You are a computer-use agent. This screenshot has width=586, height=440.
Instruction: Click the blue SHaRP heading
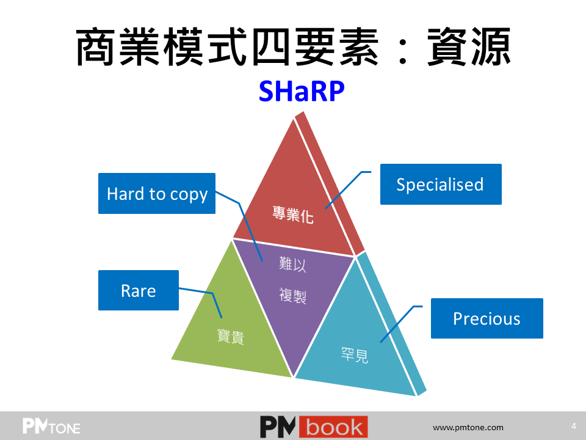[302, 91]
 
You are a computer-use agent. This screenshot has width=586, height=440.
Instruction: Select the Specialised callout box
[441, 184]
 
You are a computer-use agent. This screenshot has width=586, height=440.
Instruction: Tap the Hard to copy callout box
[157, 194]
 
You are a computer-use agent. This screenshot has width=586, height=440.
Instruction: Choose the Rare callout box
[139, 290]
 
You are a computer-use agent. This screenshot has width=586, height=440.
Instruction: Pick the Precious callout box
[487, 318]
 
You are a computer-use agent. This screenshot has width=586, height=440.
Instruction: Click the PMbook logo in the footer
[314, 427]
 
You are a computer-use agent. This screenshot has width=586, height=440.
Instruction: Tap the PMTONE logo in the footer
[51, 426]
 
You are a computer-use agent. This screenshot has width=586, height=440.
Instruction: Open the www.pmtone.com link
[468, 427]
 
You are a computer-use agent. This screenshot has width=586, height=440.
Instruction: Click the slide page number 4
[574, 426]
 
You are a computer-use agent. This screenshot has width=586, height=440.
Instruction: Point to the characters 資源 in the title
[469, 47]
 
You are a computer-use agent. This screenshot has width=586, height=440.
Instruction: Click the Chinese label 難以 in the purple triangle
[292, 264]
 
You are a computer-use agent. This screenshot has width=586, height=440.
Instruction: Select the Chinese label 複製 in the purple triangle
[292, 296]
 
